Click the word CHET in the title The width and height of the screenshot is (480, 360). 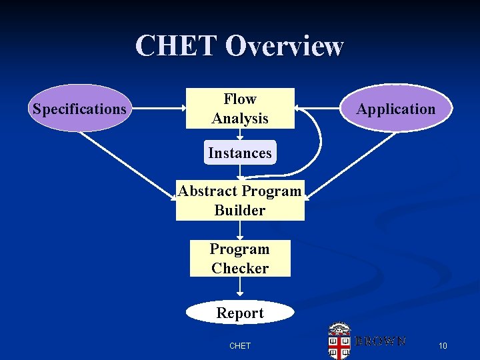click(176, 47)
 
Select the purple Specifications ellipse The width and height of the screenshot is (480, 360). click(79, 109)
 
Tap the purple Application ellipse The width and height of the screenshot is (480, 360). click(395, 109)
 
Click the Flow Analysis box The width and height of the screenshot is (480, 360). click(240, 109)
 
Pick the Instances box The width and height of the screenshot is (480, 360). click(240, 153)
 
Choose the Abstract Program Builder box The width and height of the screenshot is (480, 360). click(240, 200)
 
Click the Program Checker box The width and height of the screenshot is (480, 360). click(240, 259)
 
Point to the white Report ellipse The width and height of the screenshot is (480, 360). click(240, 313)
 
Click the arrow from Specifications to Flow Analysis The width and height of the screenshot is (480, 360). click(157, 107)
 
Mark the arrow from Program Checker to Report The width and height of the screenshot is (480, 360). click(240, 288)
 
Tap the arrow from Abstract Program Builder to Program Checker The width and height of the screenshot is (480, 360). click(240, 230)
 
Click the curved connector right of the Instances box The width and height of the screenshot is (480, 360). click(319, 143)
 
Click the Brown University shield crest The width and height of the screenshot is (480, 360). click(339, 341)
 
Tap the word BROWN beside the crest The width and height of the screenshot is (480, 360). click(380, 341)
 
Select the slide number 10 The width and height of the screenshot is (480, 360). click(443, 345)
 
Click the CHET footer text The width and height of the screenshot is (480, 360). click(240, 345)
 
